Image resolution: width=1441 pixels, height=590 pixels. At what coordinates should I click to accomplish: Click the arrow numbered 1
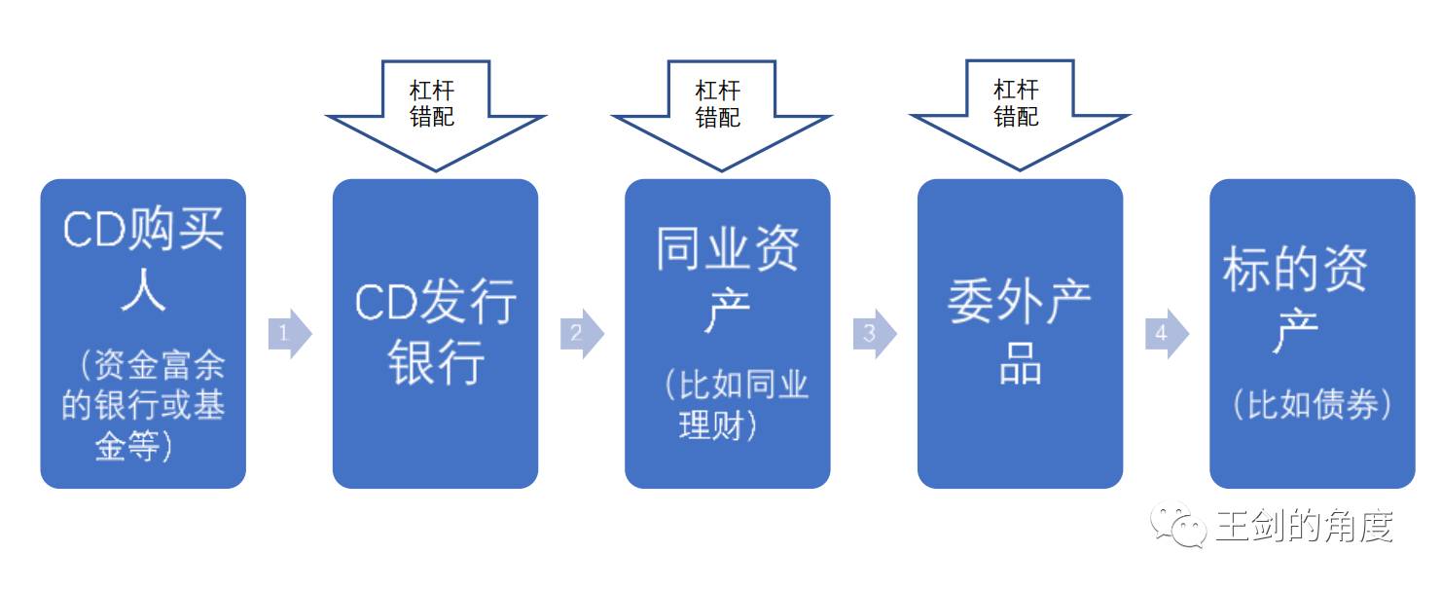point(290,334)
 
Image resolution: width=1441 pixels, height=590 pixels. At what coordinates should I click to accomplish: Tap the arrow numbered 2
point(582,334)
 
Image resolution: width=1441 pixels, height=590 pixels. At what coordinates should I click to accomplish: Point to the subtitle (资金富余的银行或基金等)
point(143,405)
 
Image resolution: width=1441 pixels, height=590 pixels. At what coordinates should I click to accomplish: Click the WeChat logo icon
point(1178,525)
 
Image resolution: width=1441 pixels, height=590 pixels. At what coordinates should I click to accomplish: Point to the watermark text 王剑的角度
point(1305,527)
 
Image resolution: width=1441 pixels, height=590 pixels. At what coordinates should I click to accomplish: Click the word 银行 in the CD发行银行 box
point(436,364)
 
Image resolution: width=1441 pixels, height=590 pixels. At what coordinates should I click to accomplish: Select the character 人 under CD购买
point(143,289)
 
